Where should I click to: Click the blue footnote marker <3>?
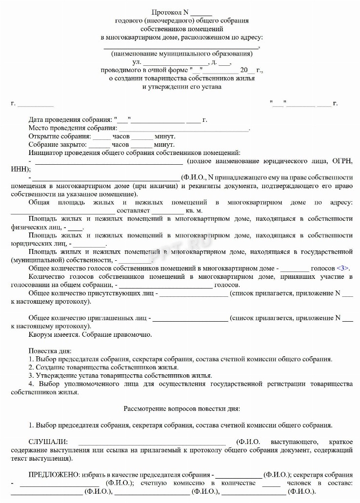tap(343, 268)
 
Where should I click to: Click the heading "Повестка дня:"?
tap(50, 351)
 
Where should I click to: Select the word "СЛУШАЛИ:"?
tap(47, 442)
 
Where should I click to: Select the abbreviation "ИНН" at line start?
tap(19, 169)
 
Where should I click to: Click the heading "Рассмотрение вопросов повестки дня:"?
tap(181, 408)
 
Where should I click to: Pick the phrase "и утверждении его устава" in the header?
tap(181, 87)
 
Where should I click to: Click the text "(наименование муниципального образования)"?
tap(181, 54)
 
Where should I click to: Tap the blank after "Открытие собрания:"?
tap(101, 137)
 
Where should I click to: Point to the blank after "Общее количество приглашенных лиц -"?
tap(190, 318)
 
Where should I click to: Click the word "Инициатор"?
tap(44, 153)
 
